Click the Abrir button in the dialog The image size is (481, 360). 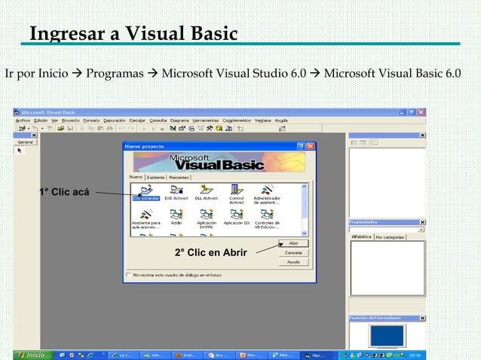[x=293, y=243]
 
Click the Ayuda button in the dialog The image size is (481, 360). [x=293, y=261]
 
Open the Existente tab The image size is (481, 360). [x=156, y=177]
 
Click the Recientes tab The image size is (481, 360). [x=179, y=177]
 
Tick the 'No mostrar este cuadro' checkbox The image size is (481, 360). [x=129, y=275]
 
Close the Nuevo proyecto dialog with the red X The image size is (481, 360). [x=310, y=145]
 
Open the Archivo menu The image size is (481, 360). [x=23, y=120]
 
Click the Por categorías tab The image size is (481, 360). [x=391, y=236]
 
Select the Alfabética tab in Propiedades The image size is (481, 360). [x=362, y=236]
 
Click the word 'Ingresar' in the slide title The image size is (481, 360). [x=63, y=34]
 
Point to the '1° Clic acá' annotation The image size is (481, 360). [x=64, y=192]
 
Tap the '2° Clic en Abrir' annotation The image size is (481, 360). [x=210, y=252]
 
